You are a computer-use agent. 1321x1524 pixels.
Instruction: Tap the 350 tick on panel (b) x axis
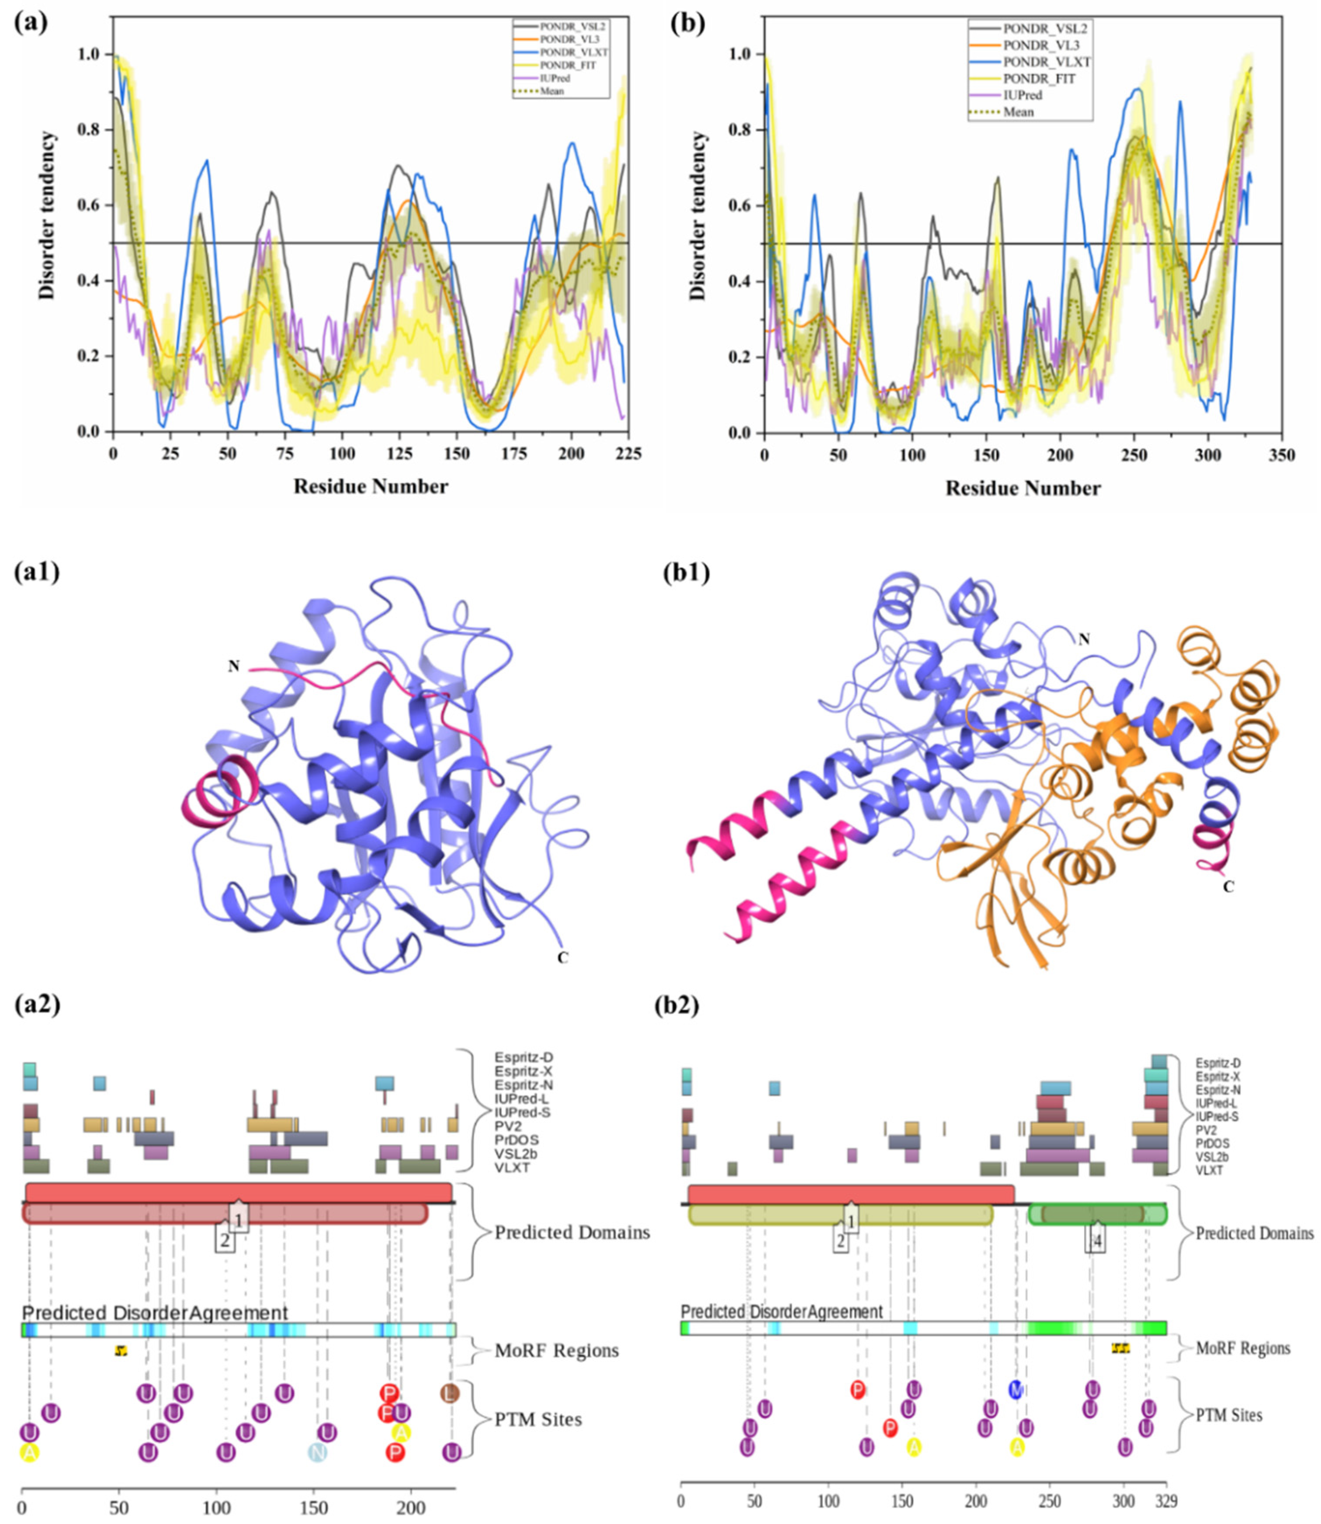[x=1283, y=455]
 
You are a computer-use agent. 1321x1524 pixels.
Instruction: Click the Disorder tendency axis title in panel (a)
[x=46, y=215]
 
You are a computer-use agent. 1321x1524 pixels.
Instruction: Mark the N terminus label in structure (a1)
[x=234, y=666]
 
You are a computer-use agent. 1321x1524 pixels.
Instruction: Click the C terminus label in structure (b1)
[x=1228, y=887]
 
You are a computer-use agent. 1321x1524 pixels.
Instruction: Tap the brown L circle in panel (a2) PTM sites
[x=450, y=1393]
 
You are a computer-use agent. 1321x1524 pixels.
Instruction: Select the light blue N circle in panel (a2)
[x=317, y=1452]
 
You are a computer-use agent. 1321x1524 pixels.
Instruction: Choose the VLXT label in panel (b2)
[x=1209, y=1170]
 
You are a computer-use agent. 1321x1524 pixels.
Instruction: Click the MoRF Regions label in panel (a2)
[x=557, y=1350]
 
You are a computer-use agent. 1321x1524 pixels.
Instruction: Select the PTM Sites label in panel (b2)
[x=1229, y=1415]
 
